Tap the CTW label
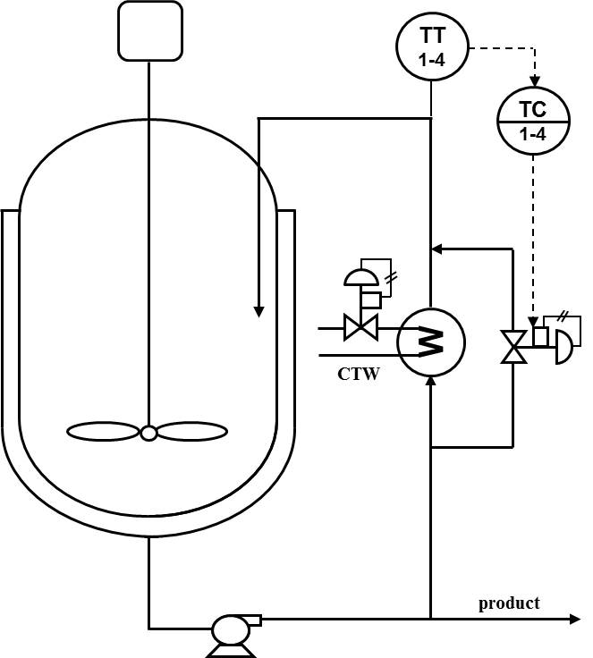358,374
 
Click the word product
509,603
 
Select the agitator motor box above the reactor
150,32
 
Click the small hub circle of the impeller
148,433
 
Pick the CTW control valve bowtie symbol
361,329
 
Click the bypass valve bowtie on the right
513,346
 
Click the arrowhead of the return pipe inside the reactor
258,310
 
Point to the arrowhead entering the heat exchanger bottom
431,381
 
